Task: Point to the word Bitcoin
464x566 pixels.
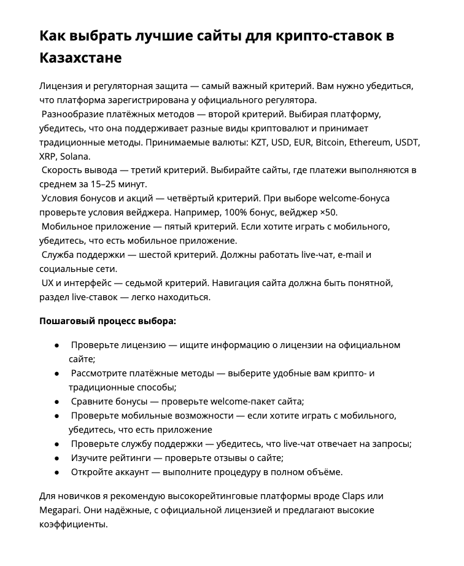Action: pyautogui.click(x=332, y=142)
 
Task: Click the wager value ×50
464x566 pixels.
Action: pyautogui.click(x=328, y=212)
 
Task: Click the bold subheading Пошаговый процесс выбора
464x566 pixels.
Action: pyautogui.click(x=107, y=320)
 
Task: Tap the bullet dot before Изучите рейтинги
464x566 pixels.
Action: pyautogui.click(x=57, y=458)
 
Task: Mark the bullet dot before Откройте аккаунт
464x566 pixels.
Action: pyautogui.click(x=57, y=472)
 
